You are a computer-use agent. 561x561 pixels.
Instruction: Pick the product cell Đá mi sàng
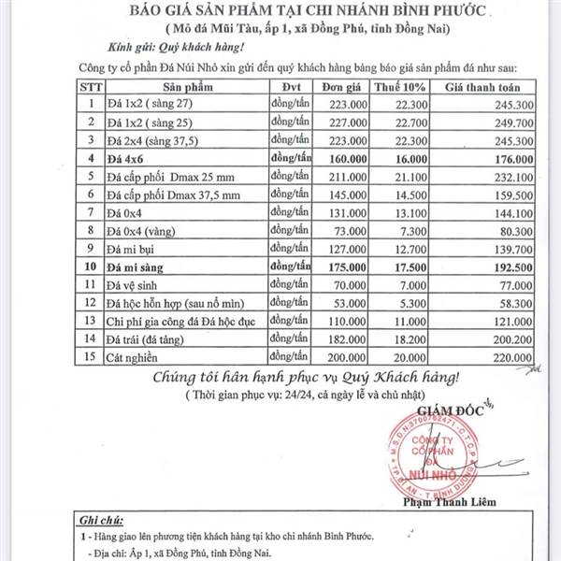tap(141, 266)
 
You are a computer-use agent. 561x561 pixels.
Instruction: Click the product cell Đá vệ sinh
tap(137, 284)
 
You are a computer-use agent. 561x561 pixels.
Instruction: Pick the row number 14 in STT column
tap(91, 338)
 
